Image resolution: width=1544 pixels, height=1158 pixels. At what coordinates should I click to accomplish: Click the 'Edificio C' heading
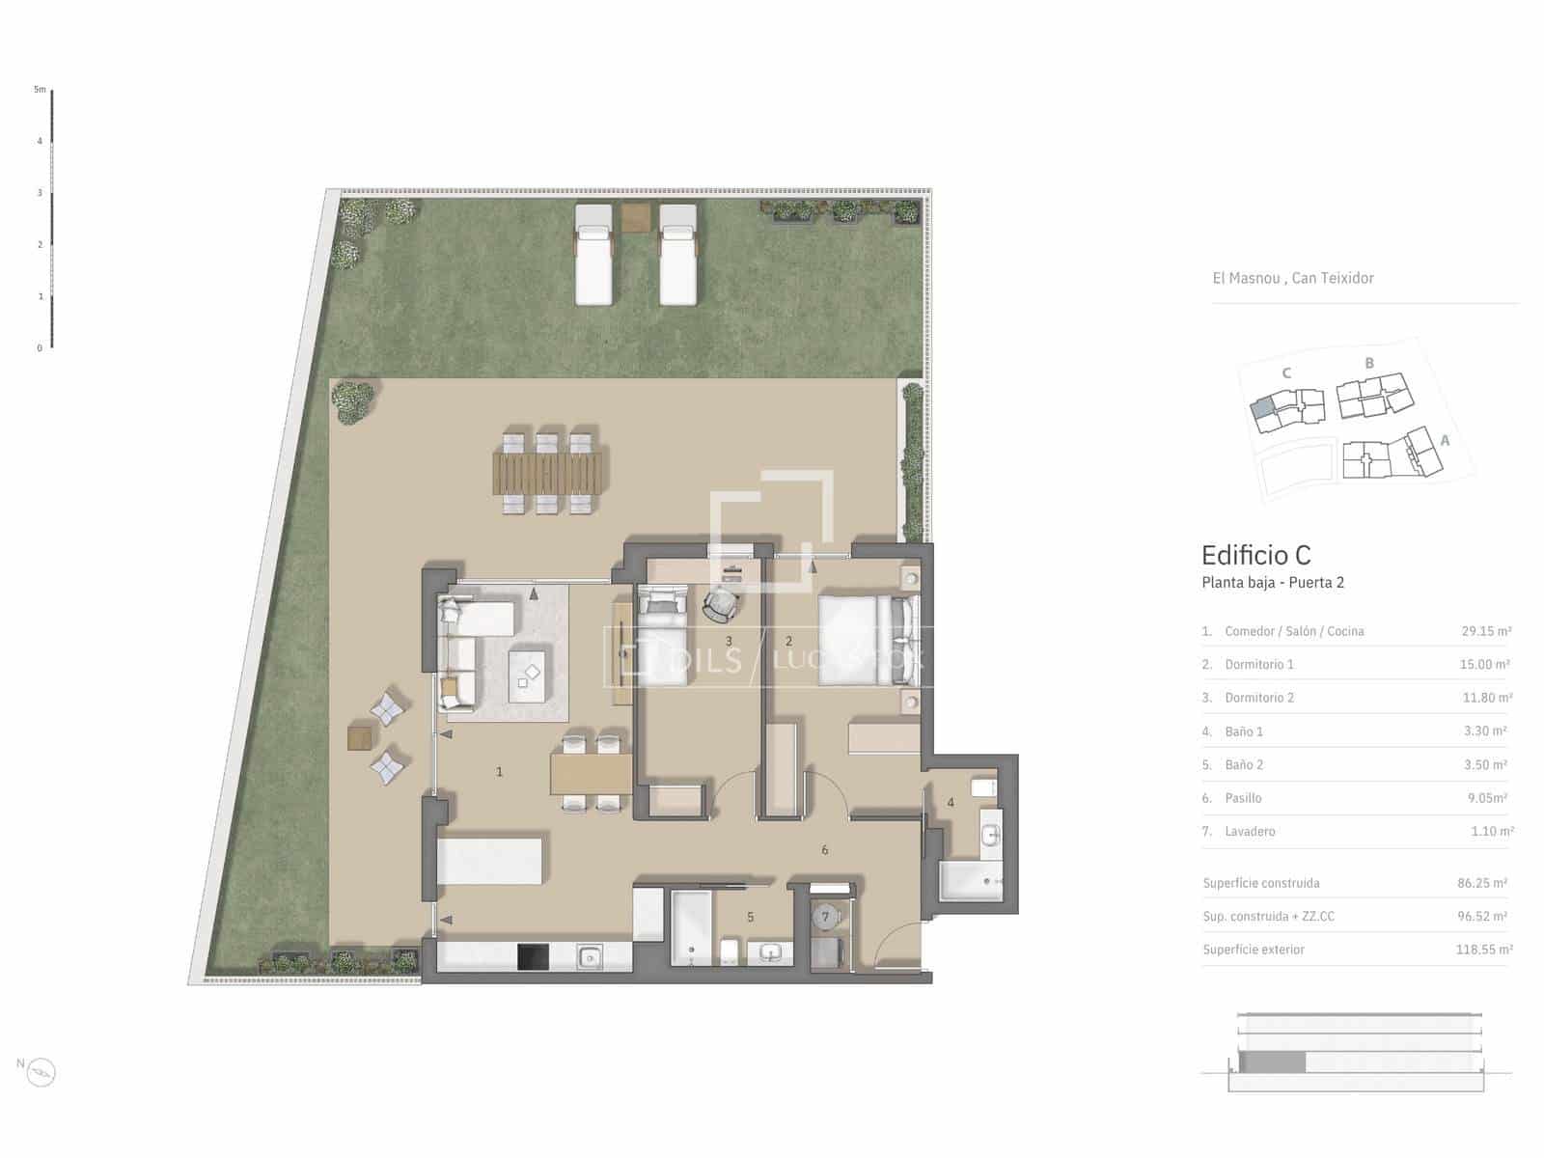point(1255,556)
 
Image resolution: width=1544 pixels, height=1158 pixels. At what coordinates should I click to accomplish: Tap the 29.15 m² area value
point(1486,631)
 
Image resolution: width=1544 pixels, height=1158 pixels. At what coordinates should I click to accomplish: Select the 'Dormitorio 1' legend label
point(1259,665)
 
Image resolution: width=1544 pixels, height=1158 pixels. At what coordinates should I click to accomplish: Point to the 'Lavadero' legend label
point(1250,831)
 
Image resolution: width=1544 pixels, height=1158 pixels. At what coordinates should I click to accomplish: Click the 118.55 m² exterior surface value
point(1484,950)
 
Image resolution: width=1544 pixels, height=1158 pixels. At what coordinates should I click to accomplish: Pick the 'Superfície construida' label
point(1261,883)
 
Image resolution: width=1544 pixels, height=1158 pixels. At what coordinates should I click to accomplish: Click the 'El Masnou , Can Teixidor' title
point(1293,279)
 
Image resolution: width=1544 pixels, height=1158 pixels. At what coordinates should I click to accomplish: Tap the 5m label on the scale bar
point(41,90)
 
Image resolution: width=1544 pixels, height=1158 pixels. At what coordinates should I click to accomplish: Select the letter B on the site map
point(1368,364)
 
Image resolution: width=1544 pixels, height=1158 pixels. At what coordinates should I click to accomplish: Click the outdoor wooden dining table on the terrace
point(548,473)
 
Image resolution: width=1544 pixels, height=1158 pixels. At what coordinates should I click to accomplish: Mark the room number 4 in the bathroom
point(951,802)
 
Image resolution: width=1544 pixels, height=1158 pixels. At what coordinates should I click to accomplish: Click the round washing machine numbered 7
point(826,916)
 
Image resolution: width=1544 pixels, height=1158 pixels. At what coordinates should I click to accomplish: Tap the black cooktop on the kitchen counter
point(533,957)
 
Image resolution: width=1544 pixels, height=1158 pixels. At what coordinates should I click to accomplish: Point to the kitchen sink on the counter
point(590,956)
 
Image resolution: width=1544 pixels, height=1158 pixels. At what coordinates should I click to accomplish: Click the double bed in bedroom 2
point(868,640)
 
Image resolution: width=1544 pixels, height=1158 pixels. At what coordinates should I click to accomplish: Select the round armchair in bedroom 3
point(721,605)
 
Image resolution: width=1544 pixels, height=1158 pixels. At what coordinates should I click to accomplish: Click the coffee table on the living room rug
point(527,675)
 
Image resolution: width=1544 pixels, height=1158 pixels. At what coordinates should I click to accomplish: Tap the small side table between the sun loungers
point(635,217)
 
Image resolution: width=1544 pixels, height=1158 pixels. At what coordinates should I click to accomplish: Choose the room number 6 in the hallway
point(824,850)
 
